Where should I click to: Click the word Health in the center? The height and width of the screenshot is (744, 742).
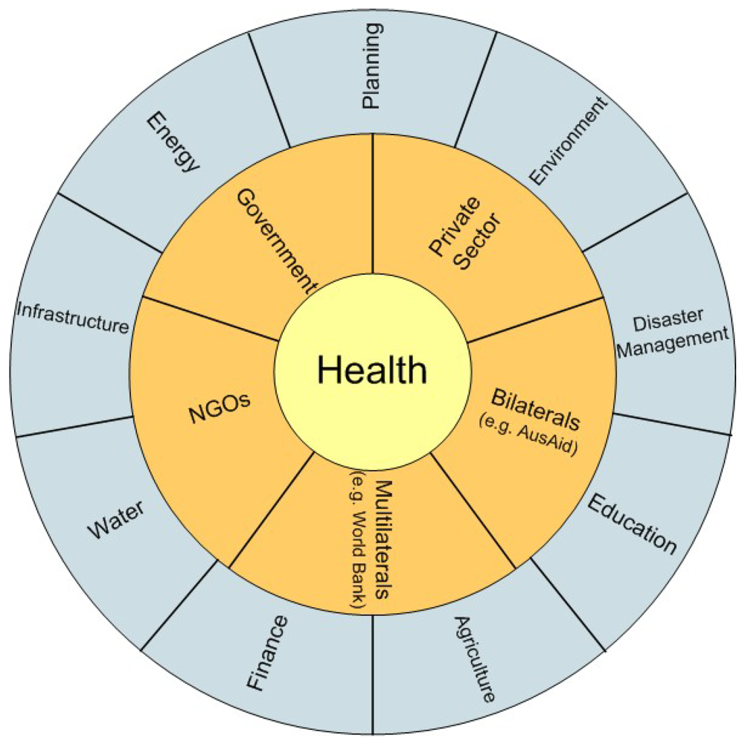372,369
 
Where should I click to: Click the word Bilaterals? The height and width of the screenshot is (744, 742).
536,409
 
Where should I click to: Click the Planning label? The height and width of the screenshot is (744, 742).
371,66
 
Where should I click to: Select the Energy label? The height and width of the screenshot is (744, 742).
173,141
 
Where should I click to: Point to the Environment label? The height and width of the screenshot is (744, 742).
569,141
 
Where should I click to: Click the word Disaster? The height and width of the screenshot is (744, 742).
668,320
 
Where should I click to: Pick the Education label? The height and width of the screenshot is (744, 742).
632,524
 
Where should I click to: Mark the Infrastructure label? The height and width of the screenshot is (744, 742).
72,316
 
